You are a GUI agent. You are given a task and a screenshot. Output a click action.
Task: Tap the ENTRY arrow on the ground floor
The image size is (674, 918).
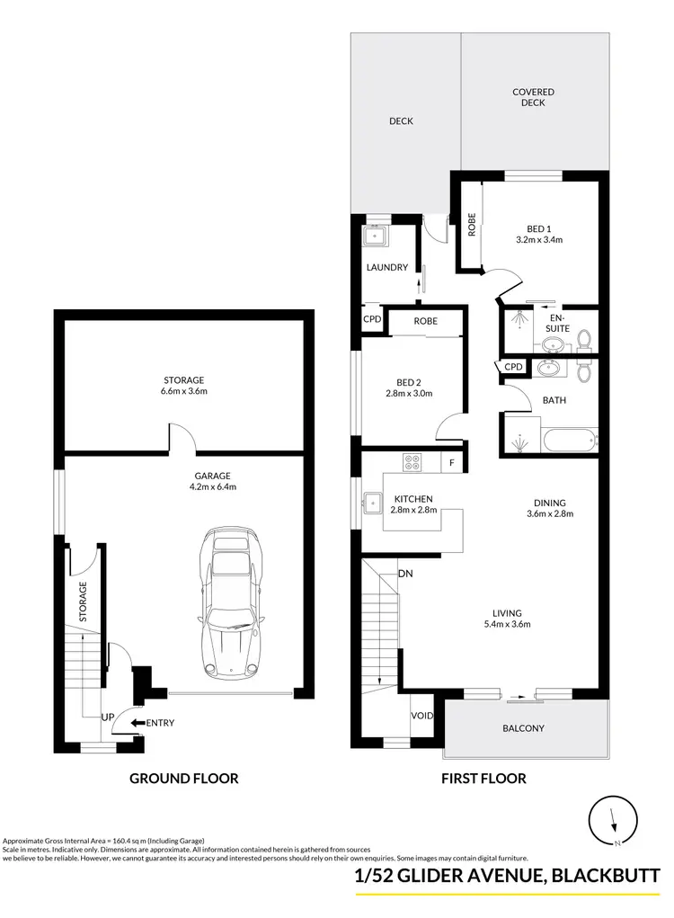click(x=138, y=721)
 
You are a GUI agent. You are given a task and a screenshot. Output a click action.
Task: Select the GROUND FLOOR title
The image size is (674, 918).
click(x=184, y=779)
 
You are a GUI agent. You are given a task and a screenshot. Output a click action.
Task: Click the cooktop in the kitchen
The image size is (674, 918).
click(x=412, y=464)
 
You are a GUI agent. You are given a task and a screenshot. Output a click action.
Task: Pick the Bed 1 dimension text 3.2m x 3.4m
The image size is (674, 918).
click(x=539, y=240)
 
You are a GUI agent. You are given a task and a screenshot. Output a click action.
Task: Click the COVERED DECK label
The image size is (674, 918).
click(x=533, y=97)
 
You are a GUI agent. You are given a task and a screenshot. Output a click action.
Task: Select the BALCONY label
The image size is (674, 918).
click(x=523, y=728)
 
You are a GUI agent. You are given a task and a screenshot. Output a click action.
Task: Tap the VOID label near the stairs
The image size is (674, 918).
click(x=422, y=717)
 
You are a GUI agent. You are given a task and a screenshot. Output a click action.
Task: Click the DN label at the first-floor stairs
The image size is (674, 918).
click(x=405, y=573)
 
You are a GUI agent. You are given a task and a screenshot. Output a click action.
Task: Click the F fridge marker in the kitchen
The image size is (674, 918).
click(x=452, y=464)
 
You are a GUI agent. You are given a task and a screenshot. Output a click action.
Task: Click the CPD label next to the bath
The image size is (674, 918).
click(x=513, y=367)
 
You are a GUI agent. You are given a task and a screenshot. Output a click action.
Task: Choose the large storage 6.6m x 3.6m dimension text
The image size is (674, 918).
click(x=184, y=391)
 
